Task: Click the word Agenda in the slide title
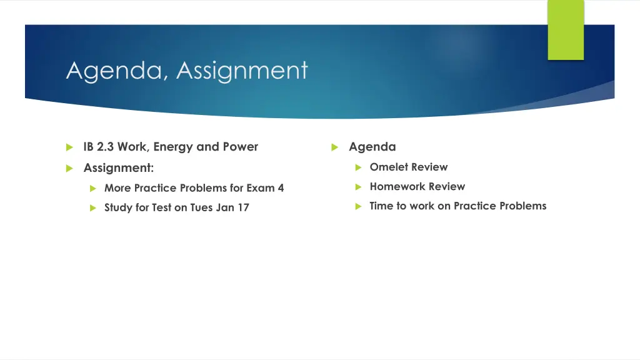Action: pyautogui.click(x=115, y=71)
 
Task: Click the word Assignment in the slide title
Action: pyautogui.click(x=242, y=71)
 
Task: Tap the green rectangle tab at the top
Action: pyautogui.click(x=566, y=30)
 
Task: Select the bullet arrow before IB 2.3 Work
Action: pyautogui.click(x=69, y=147)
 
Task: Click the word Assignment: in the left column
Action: pyautogui.click(x=119, y=167)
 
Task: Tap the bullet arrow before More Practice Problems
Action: pyautogui.click(x=92, y=188)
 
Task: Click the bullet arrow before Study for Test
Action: pyautogui.click(x=92, y=207)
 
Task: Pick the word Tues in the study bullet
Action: pyautogui.click(x=202, y=207)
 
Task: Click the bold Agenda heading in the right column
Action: pyautogui.click(x=372, y=147)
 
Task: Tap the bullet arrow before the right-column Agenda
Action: pyautogui.click(x=334, y=147)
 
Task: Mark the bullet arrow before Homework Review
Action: pyautogui.click(x=358, y=187)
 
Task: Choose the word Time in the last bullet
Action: pyautogui.click(x=381, y=206)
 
